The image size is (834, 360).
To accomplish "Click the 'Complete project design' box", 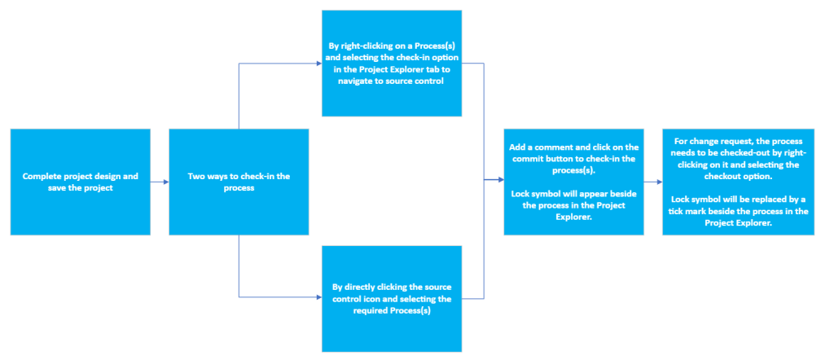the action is [x=81, y=182].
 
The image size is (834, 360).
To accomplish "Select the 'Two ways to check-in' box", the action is [x=239, y=182].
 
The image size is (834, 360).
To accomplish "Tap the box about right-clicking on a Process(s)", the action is [x=392, y=64].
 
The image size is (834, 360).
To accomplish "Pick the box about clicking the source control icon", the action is [x=392, y=298].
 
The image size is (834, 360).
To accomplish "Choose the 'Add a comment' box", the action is [x=574, y=182].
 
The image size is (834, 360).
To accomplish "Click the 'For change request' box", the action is [x=738, y=182].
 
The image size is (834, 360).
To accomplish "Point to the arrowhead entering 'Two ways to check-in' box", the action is [x=166, y=182].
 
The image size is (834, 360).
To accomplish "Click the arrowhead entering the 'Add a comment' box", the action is [x=501, y=180].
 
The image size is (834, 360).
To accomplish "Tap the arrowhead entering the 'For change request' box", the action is [x=659, y=182].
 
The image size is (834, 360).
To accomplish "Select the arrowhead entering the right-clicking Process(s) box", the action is [x=318, y=64].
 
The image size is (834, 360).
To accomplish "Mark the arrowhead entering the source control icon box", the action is [x=318, y=296].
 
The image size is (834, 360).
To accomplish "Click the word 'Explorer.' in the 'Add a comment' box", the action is [x=574, y=216].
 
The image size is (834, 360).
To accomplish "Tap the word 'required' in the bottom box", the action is [x=371, y=310].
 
